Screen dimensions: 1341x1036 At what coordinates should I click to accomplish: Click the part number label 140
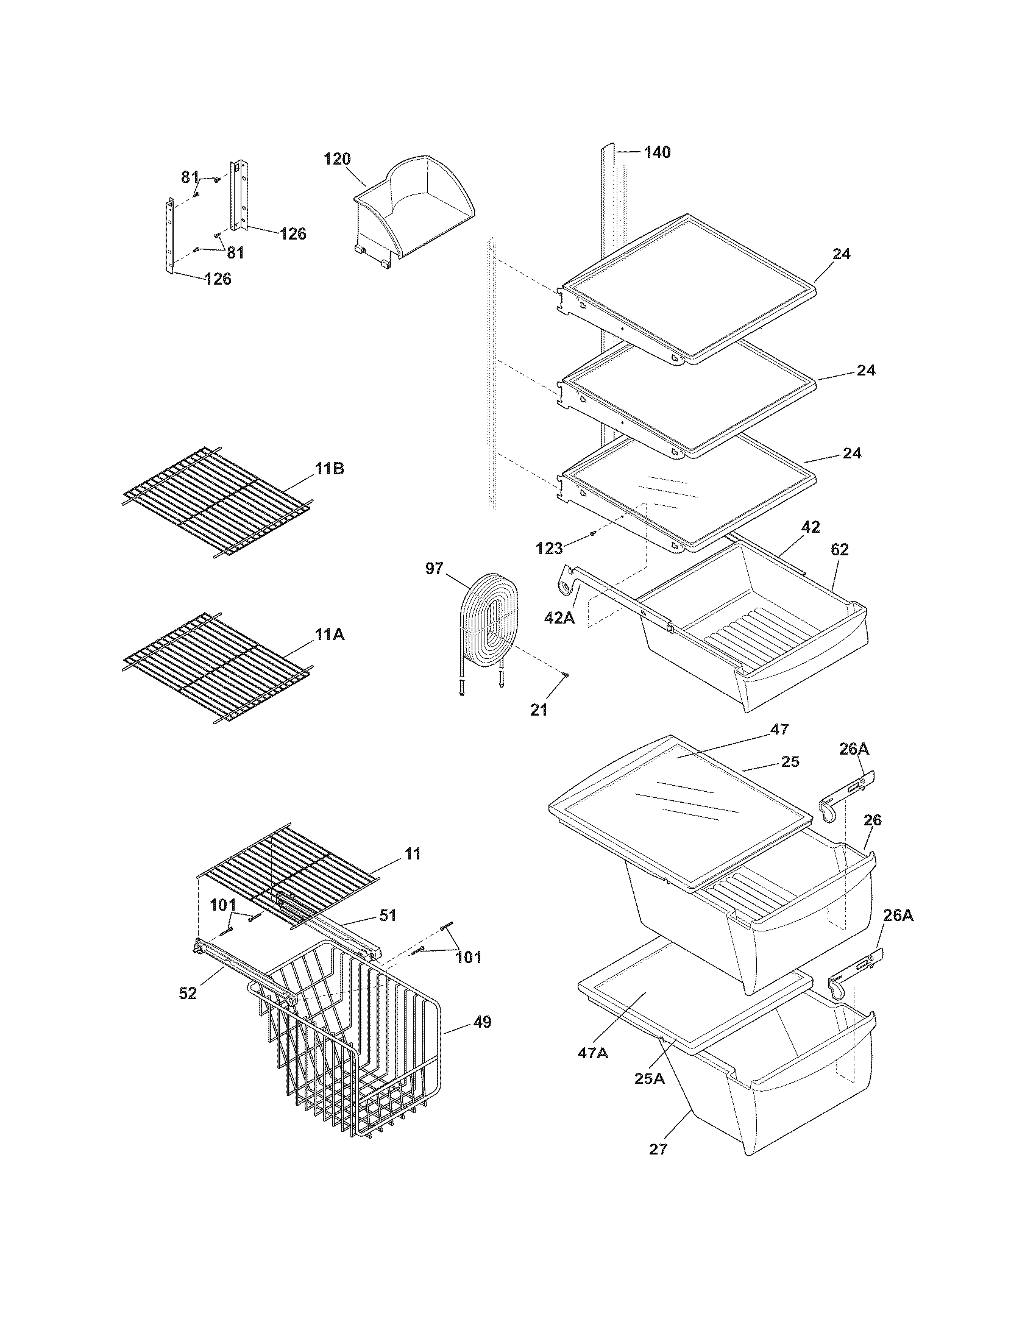click(x=657, y=152)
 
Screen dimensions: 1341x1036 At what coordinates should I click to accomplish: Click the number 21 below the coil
click(x=538, y=710)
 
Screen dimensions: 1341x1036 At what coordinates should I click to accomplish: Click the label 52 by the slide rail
click(x=188, y=993)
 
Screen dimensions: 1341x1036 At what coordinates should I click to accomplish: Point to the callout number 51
click(x=387, y=932)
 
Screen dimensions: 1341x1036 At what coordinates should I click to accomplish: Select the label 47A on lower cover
click(x=592, y=1053)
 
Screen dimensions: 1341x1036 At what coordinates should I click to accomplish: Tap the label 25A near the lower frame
click(x=650, y=1078)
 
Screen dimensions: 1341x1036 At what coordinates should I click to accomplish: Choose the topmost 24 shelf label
click(x=841, y=254)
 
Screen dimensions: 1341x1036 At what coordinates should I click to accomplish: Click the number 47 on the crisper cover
click(x=779, y=729)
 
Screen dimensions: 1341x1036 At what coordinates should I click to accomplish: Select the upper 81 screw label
click(x=190, y=177)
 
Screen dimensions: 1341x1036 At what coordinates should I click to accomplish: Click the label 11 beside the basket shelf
click(x=413, y=853)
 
